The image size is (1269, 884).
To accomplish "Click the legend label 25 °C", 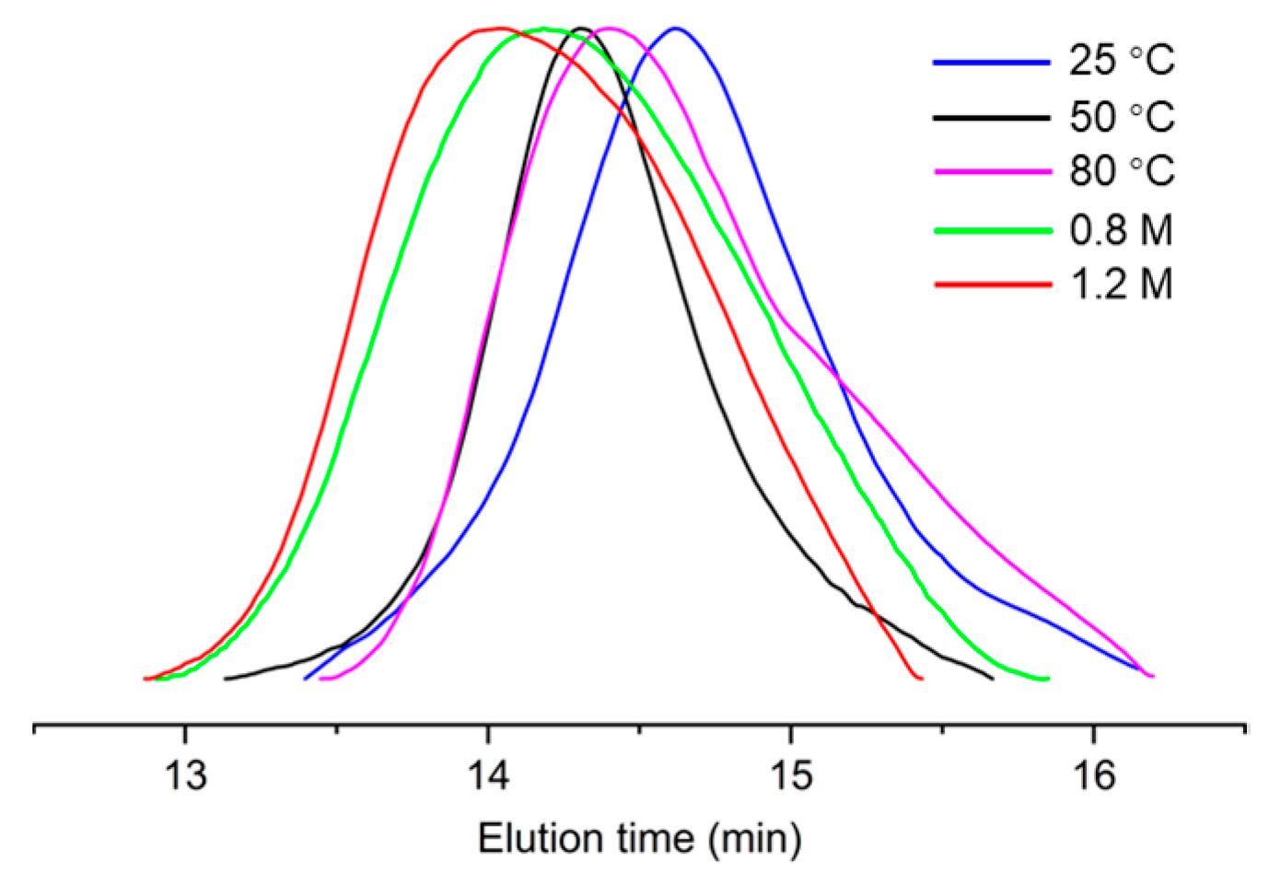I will pos(1121,61).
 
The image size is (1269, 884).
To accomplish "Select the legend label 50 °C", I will pos(1121,117).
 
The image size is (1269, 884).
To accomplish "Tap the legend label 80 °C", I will pos(1121,171).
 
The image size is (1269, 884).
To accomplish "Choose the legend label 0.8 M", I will pos(1121,229).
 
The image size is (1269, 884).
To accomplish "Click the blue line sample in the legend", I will pos(992,62).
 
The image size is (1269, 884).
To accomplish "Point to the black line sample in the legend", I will pos(992,118).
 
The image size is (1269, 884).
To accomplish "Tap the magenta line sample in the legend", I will pos(992,172).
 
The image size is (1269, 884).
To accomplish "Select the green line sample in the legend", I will pos(992,230).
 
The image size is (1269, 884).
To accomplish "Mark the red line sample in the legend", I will pos(992,285).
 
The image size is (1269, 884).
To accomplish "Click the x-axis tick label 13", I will pos(185,775).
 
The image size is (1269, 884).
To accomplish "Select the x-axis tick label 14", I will pos(488,775).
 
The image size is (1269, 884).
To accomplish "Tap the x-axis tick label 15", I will pos(790,775).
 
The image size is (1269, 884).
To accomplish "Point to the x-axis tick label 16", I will pos(1093,775).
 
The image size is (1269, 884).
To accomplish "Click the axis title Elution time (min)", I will pos(639,839).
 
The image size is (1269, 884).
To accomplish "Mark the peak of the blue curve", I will pos(676,29).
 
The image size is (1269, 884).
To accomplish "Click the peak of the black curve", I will pos(580,29).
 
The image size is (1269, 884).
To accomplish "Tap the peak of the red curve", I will pos(497,29).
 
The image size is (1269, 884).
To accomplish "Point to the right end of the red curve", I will pos(922,679).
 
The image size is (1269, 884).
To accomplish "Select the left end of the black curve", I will pos(226,679).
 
